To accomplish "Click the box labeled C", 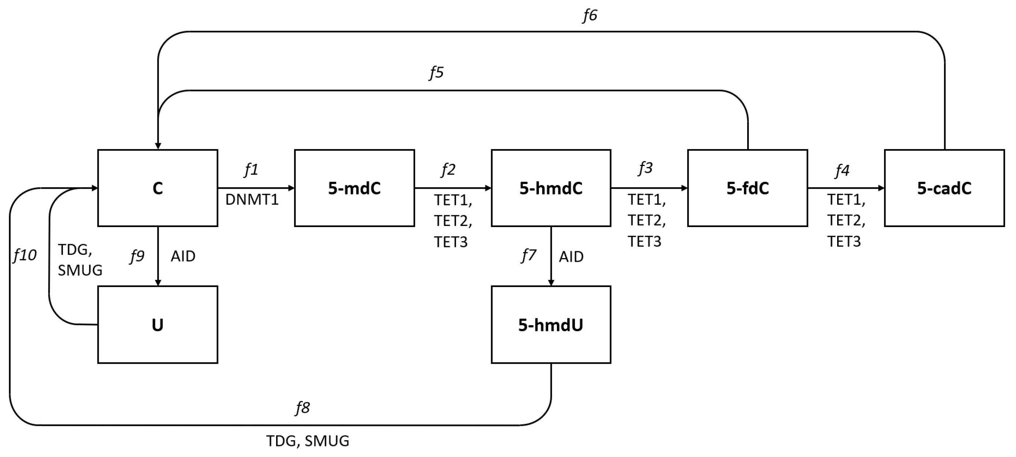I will click(157, 188).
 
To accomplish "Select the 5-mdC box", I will click(354, 188).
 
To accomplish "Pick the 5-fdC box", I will click(748, 188).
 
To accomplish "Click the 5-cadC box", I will click(944, 188).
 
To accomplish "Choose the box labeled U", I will click(157, 325).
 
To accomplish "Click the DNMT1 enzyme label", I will click(252, 200).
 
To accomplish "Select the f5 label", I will click(437, 72).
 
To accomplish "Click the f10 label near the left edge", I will click(25, 256).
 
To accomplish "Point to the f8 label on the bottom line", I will click(303, 408).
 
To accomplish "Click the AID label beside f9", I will click(183, 257).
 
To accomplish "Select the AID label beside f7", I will click(571, 257).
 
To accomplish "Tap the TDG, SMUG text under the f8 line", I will click(308, 441).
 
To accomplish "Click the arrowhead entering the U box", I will click(158, 282).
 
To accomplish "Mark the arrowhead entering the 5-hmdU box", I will click(551, 282).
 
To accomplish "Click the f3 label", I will click(646, 169).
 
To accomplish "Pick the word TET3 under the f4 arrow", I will click(844, 241).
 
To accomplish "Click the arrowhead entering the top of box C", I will click(158, 146).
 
